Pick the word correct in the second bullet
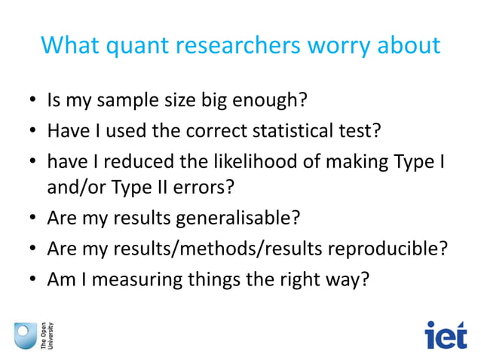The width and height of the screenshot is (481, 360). click(x=208, y=132)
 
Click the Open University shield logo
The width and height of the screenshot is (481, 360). click(x=24, y=334)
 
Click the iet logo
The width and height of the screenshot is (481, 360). click(x=446, y=334)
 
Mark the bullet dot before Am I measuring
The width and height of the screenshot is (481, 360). click(x=33, y=279)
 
